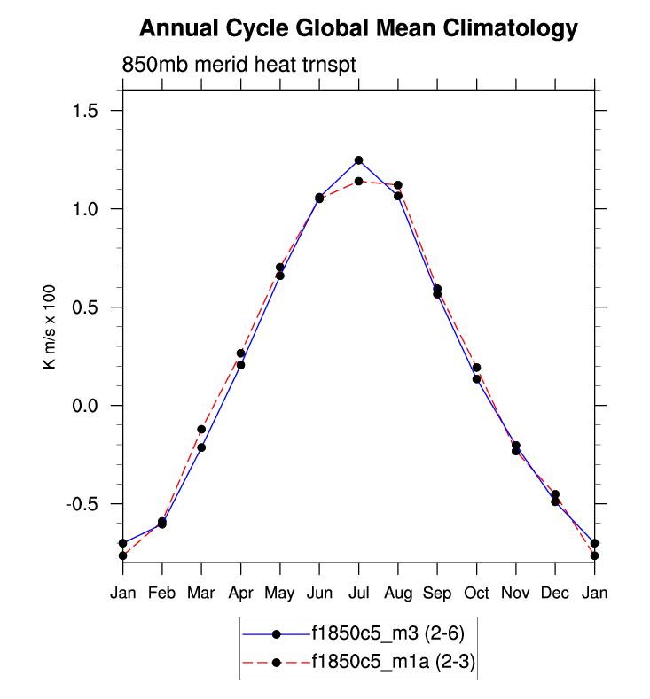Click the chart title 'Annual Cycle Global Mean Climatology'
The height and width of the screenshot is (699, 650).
(x=358, y=29)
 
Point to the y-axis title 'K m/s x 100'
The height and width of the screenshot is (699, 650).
(x=51, y=326)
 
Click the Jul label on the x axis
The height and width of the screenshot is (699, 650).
(x=358, y=592)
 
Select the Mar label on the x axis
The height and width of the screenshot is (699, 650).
(x=201, y=592)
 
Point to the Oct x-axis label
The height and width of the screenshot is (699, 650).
(x=476, y=592)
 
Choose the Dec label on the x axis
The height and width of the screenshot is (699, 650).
(x=555, y=592)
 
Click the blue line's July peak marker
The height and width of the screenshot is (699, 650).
(x=358, y=160)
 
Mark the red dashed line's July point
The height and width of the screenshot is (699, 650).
(x=358, y=182)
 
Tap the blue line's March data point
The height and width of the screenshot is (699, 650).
(x=201, y=447)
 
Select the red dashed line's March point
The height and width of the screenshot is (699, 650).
(x=201, y=430)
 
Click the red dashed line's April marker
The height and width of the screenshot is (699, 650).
(x=240, y=353)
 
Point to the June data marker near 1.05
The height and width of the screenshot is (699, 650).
(x=319, y=198)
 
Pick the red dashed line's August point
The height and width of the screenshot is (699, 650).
(x=398, y=185)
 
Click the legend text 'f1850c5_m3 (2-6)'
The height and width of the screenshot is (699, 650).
(x=388, y=633)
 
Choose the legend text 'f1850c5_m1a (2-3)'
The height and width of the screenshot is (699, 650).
(x=391, y=661)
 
